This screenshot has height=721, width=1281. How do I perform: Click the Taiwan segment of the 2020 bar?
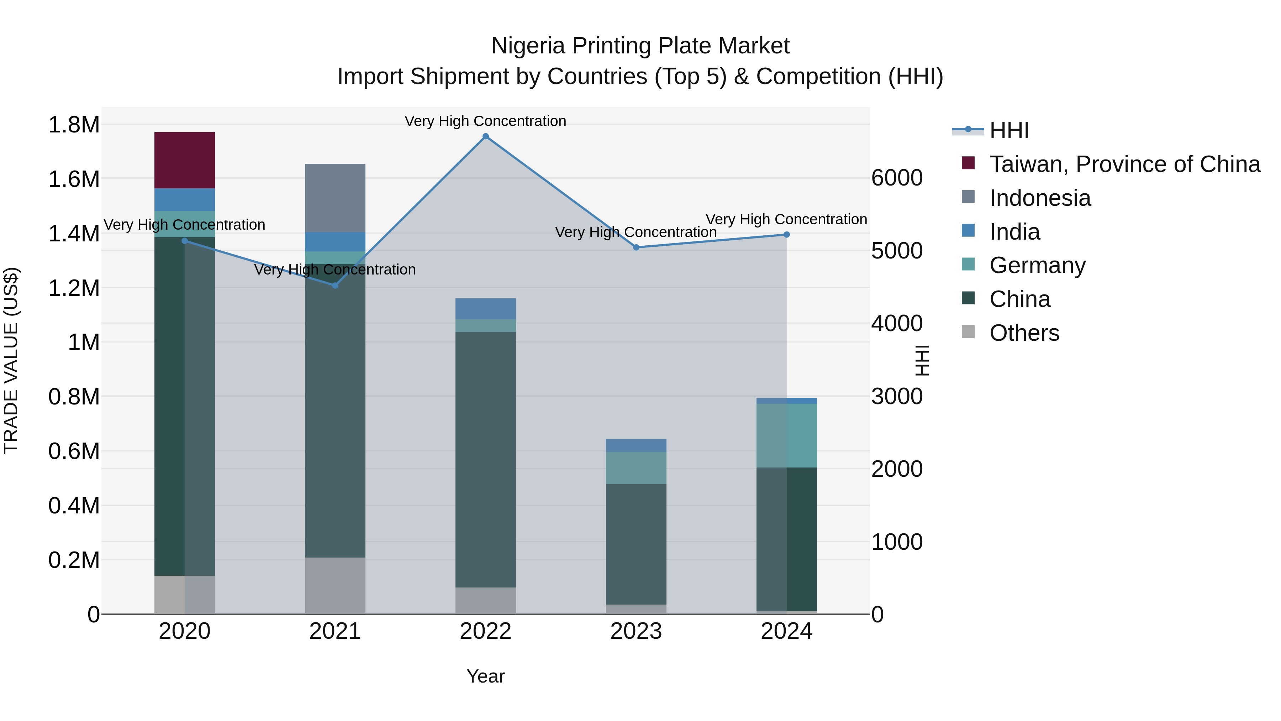click(x=184, y=160)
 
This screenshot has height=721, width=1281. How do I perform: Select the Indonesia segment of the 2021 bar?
click(x=335, y=198)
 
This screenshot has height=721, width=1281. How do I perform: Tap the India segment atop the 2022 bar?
click(x=485, y=309)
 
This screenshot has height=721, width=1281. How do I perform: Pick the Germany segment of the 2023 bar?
click(x=636, y=468)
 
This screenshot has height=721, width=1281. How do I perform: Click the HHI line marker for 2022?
click(x=486, y=136)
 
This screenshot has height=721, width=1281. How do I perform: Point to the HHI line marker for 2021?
click(x=335, y=286)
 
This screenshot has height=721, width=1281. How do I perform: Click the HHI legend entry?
click(x=1008, y=130)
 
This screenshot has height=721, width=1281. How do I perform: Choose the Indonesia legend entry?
click(x=1039, y=198)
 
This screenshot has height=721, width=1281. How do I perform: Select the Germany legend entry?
click(x=1037, y=265)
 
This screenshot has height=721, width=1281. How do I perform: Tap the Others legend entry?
click(x=1023, y=333)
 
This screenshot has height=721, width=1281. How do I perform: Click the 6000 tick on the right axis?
click(x=897, y=178)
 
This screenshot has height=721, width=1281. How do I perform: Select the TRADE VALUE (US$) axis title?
click(x=11, y=360)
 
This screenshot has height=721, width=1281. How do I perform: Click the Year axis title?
click(x=485, y=676)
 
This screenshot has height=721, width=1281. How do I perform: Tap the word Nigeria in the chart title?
click(x=528, y=46)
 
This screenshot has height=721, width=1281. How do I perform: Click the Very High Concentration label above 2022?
click(x=485, y=121)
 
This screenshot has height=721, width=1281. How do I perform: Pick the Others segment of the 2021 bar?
click(x=335, y=586)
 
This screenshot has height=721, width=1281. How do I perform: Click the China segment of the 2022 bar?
click(x=485, y=459)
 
